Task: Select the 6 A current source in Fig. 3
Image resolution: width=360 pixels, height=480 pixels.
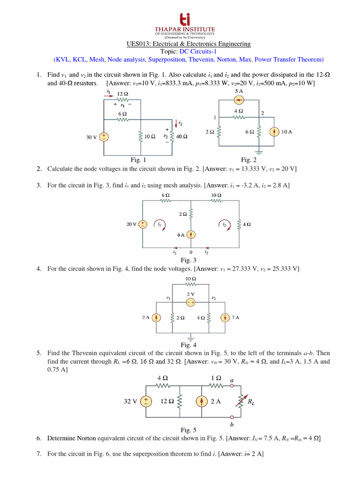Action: pyautogui.click(x=191, y=234)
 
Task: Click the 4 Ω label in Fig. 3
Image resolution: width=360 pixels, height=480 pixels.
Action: pyautogui.click(x=247, y=225)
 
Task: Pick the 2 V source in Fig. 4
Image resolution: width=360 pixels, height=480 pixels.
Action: pyautogui.click(x=191, y=303)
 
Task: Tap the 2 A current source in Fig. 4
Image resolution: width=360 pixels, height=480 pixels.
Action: pyautogui.click(x=157, y=317)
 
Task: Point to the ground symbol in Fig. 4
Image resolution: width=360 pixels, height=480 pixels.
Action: pyautogui.click(x=191, y=337)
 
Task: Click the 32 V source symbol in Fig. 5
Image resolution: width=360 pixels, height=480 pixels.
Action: pyautogui.click(x=146, y=401)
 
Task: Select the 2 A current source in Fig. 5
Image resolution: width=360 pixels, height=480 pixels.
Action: pyautogui.click(x=202, y=401)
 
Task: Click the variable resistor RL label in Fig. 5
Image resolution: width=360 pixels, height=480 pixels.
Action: pyautogui.click(x=252, y=402)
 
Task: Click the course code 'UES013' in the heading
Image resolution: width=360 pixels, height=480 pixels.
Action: pyautogui.click(x=137, y=44)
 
